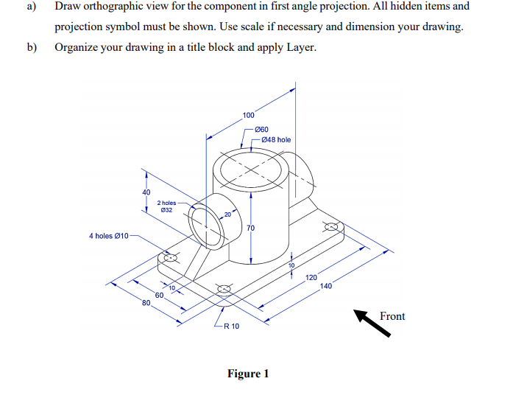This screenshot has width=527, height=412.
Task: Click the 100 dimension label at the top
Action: click(248, 115)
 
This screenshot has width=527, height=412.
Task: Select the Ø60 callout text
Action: click(261, 129)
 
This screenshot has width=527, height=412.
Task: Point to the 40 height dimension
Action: click(135, 193)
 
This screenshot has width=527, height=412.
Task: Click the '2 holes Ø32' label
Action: click(168, 206)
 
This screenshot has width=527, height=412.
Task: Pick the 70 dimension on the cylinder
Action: click(250, 229)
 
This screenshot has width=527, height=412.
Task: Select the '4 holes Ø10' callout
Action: click(109, 236)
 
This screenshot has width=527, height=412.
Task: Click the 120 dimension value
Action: click(311, 278)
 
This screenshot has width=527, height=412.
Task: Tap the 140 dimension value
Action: click(326, 287)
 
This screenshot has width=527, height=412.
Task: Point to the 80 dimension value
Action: click(146, 304)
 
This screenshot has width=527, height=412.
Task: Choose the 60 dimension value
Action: click(158, 295)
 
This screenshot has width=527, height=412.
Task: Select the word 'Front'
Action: click(392, 316)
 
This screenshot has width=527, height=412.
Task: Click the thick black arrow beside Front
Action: click(372, 323)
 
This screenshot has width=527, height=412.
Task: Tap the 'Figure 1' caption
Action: click(248, 373)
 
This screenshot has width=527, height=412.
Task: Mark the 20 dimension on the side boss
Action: click(227, 214)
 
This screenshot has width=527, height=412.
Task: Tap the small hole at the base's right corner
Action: click(333, 227)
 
